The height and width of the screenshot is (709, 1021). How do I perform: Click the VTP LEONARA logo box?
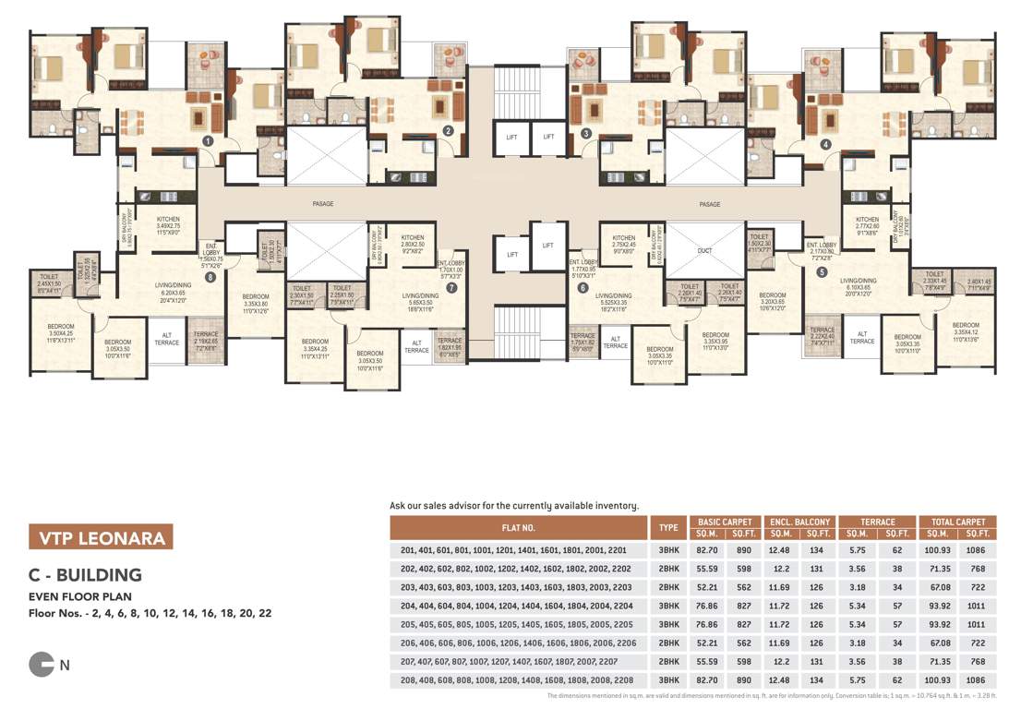pyautogui.click(x=101, y=537)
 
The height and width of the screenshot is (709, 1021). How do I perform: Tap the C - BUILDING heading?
pyautogui.click(x=85, y=575)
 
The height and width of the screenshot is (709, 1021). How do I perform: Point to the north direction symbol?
pyautogui.click(x=42, y=663)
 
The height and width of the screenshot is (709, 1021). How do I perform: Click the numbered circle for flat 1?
pyautogui.click(x=209, y=141)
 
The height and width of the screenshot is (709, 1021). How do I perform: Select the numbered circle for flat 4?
pyautogui.click(x=824, y=144)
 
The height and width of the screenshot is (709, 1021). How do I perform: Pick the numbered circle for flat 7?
pyautogui.click(x=451, y=287)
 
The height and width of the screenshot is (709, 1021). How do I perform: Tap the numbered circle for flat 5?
pyautogui.click(x=822, y=271)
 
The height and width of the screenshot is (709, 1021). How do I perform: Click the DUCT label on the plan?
pyautogui.click(x=704, y=250)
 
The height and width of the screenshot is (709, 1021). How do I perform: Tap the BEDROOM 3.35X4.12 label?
pyautogui.click(x=965, y=328)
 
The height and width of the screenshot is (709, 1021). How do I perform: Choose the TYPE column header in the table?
pyautogui.click(x=666, y=528)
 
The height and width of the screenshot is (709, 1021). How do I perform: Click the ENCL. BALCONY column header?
pyautogui.click(x=799, y=523)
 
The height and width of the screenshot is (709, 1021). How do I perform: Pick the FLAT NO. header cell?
pyautogui.click(x=519, y=528)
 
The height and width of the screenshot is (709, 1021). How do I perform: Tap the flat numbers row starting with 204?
pyautogui.click(x=515, y=606)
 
